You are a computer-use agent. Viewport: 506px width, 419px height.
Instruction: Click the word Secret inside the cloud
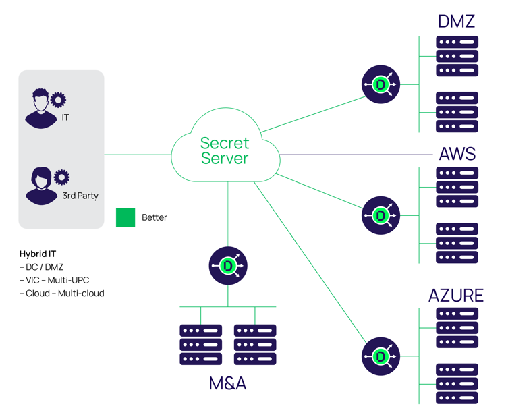tap(225, 143)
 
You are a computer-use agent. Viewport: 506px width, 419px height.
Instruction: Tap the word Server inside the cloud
tap(225, 159)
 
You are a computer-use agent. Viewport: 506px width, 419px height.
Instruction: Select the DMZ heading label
tap(457, 22)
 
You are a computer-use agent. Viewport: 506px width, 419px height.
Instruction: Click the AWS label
tap(457, 154)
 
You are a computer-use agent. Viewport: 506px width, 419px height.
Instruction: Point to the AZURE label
tap(456, 296)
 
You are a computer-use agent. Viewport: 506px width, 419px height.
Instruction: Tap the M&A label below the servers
tap(227, 384)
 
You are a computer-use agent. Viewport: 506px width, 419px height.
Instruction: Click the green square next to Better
tap(125, 217)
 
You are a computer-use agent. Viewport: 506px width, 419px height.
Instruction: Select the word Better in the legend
tap(154, 217)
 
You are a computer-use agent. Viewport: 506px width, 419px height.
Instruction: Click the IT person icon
tap(40, 109)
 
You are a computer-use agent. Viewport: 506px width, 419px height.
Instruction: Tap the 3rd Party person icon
tap(40, 186)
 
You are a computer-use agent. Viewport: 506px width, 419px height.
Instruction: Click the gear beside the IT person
tap(59, 100)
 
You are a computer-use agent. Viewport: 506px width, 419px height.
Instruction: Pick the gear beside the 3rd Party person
tap(61, 177)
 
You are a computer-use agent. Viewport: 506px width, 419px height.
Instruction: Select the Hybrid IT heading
tap(38, 254)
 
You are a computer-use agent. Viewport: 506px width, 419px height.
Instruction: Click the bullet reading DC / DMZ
tap(41, 267)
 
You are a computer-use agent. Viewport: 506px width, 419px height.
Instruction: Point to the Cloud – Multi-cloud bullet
tap(62, 294)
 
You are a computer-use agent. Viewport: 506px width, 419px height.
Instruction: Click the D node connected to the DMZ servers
tap(381, 85)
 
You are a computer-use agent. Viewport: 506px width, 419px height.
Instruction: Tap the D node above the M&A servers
tap(227, 266)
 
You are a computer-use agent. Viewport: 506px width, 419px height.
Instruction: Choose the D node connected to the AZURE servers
tap(381, 356)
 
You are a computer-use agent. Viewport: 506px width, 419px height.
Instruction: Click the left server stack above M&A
tap(200, 345)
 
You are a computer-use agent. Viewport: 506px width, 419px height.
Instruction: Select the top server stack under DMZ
tap(457, 56)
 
